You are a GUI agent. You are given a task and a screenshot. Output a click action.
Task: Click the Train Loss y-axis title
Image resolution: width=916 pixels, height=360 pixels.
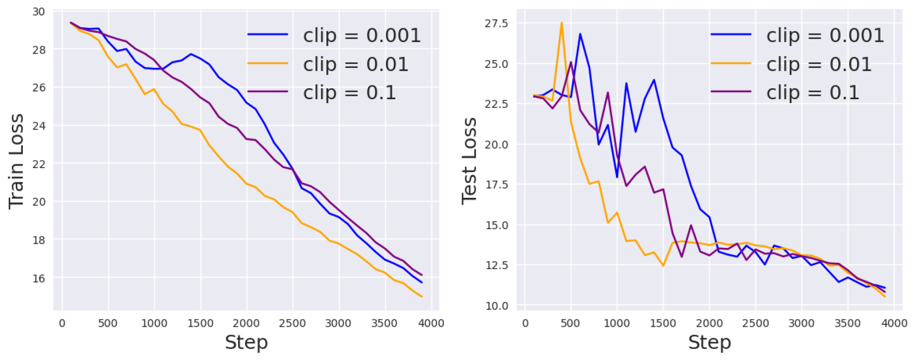point(16,162)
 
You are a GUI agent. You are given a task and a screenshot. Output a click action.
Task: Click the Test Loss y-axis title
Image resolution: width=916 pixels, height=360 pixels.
point(469,162)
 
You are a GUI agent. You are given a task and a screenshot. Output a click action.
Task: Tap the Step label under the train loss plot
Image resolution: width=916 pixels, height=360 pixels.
point(246,343)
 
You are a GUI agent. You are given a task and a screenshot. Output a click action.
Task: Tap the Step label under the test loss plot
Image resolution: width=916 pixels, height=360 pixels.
point(709,343)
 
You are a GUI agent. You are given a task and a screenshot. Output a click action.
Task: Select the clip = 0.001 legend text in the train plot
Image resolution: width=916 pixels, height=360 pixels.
point(362,36)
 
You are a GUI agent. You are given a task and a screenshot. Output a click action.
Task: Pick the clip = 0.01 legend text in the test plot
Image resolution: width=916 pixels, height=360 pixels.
point(819,64)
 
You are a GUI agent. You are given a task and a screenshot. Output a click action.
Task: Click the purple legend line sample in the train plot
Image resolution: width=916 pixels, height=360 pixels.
point(268,92)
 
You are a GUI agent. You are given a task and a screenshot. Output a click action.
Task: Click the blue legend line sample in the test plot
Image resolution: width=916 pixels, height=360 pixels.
point(731,34)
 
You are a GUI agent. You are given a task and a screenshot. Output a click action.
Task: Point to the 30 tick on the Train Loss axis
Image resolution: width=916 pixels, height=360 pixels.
point(39,11)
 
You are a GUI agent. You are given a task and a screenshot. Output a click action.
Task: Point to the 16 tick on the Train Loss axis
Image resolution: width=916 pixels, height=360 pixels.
point(39,279)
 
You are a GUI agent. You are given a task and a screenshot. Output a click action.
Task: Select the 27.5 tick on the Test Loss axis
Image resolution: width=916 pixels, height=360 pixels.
point(496,23)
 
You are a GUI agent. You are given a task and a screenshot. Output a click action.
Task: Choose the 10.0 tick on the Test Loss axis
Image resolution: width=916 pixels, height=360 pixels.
point(496,306)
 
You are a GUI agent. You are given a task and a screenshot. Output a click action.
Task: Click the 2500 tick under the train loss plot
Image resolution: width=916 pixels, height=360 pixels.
point(292,324)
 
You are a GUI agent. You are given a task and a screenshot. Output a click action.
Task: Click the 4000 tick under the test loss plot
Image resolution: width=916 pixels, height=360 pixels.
point(894,324)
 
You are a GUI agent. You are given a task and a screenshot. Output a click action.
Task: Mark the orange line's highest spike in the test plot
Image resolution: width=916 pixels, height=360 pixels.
point(561,22)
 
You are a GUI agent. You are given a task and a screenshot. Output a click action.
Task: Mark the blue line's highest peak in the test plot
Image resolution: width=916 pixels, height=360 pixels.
point(580,34)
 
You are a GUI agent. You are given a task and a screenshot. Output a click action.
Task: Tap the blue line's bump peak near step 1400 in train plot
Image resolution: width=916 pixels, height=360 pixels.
point(191,54)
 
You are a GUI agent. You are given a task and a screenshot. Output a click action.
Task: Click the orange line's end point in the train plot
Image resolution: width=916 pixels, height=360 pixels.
point(422,297)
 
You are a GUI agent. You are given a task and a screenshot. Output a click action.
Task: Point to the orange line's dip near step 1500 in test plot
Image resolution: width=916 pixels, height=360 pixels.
point(663,266)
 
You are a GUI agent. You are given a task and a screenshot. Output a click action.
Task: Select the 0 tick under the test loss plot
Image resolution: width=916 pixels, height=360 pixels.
point(525,324)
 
